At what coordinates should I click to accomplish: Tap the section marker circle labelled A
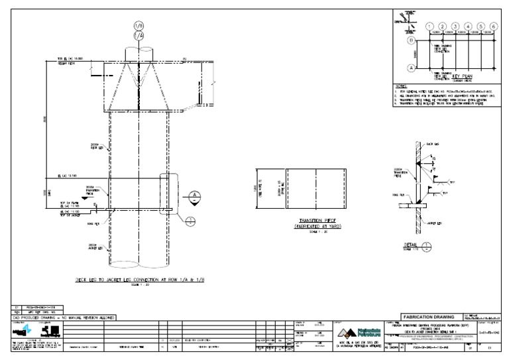194,196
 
